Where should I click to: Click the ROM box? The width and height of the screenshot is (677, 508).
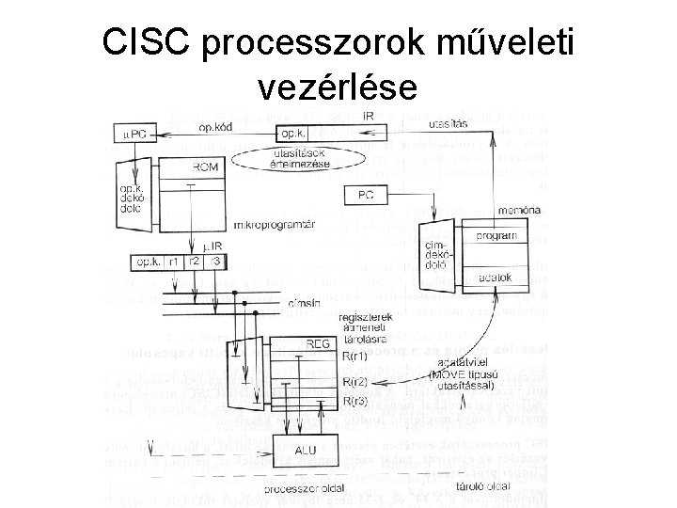(x=204, y=166)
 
